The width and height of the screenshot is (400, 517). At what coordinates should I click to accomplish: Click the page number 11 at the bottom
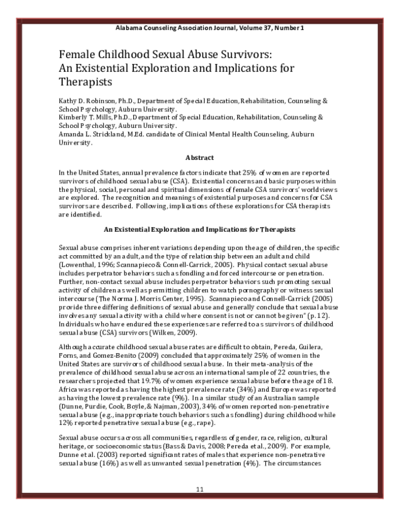(x=199, y=490)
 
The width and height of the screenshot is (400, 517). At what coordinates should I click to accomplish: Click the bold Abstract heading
(x=199, y=157)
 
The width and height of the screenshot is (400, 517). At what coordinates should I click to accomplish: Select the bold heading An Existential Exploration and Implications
(x=200, y=230)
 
